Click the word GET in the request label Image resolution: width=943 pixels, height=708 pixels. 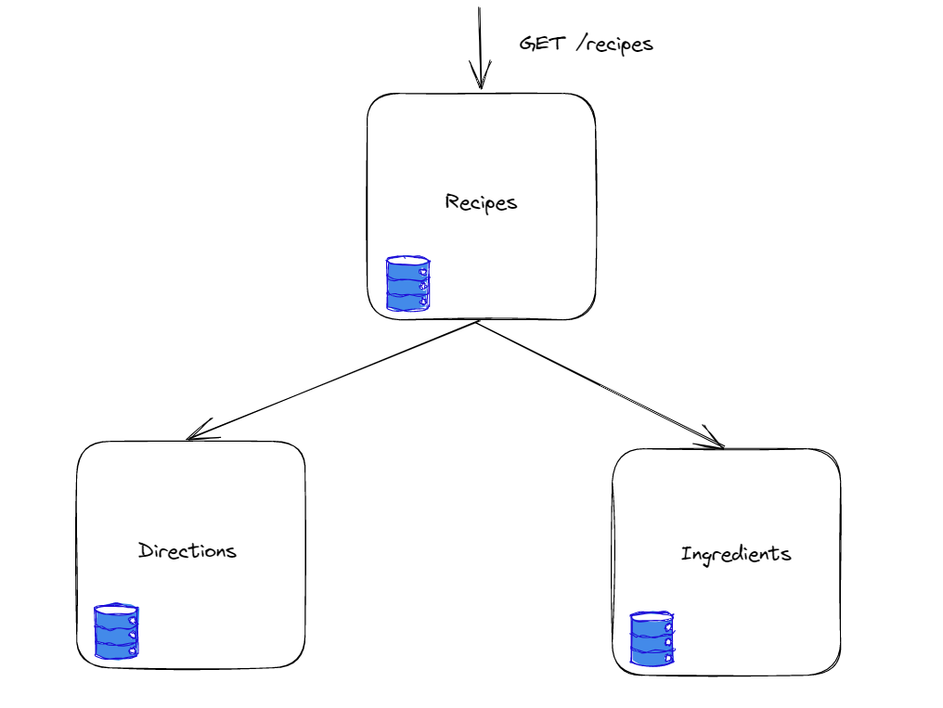pyautogui.click(x=542, y=44)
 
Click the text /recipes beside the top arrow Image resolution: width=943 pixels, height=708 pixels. pyautogui.click(x=614, y=45)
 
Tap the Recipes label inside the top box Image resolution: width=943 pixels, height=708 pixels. pyautogui.click(x=481, y=202)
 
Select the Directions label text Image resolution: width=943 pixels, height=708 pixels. pyautogui.click(x=187, y=551)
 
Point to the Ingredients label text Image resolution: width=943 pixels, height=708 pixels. pyautogui.click(x=736, y=555)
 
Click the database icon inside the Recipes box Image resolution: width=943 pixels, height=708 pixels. pyautogui.click(x=408, y=284)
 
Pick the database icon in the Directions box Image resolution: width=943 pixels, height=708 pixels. pyautogui.click(x=116, y=632)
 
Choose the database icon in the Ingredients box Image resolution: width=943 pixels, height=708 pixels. pyautogui.click(x=652, y=638)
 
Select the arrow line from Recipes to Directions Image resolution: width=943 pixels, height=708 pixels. pyautogui.click(x=334, y=380)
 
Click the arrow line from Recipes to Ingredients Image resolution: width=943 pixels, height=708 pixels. pyautogui.click(x=599, y=384)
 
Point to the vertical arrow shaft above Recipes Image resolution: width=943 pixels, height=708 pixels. pyautogui.click(x=479, y=37)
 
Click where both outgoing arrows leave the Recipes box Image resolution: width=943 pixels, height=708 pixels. pyautogui.click(x=477, y=322)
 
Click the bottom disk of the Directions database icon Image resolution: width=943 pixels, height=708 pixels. pyautogui.click(x=116, y=650)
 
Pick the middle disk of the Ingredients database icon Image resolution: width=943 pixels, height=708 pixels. pyautogui.click(x=652, y=639)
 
